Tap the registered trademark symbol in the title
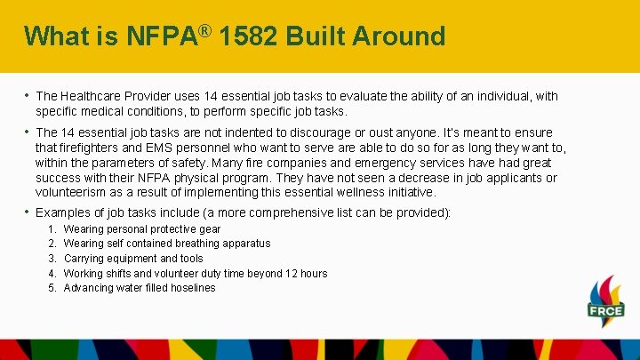point(204,30)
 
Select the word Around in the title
point(399,36)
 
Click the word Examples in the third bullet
point(62,213)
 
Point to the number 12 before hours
point(290,274)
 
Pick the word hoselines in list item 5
point(192,288)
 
